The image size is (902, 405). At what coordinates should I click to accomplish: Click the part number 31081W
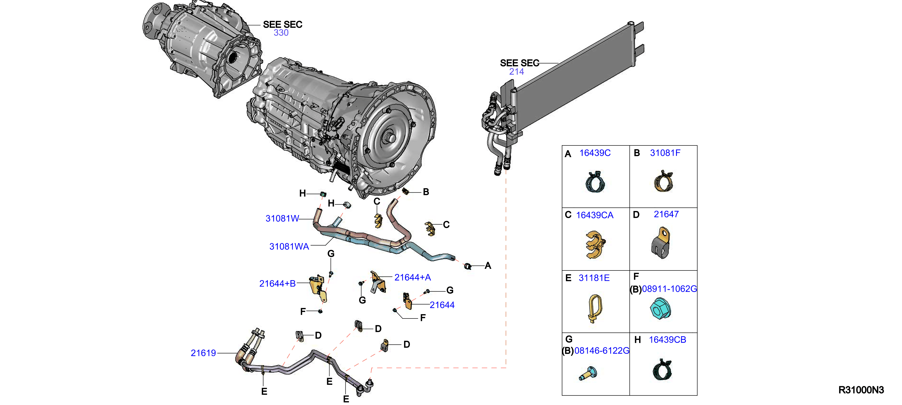tap(282, 219)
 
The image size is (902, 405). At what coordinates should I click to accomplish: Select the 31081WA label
tap(289, 246)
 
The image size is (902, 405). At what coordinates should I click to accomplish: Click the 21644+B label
tap(277, 283)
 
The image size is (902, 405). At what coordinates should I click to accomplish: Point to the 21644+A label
tap(413, 277)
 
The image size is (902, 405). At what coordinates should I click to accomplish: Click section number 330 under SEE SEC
tap(281, 32)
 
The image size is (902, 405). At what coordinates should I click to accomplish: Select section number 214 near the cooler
tap(516, 72)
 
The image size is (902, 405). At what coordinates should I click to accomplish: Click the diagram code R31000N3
tap(861, 390)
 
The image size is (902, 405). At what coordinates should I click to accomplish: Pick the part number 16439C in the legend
tap(595, 153)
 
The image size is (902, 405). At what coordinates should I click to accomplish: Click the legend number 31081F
tap(665, 153)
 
